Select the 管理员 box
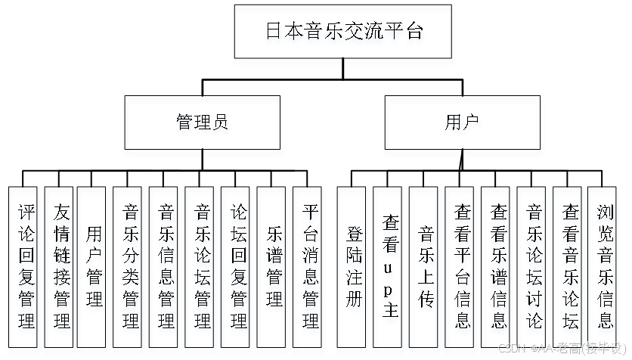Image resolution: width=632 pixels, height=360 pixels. coord(202,126)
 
